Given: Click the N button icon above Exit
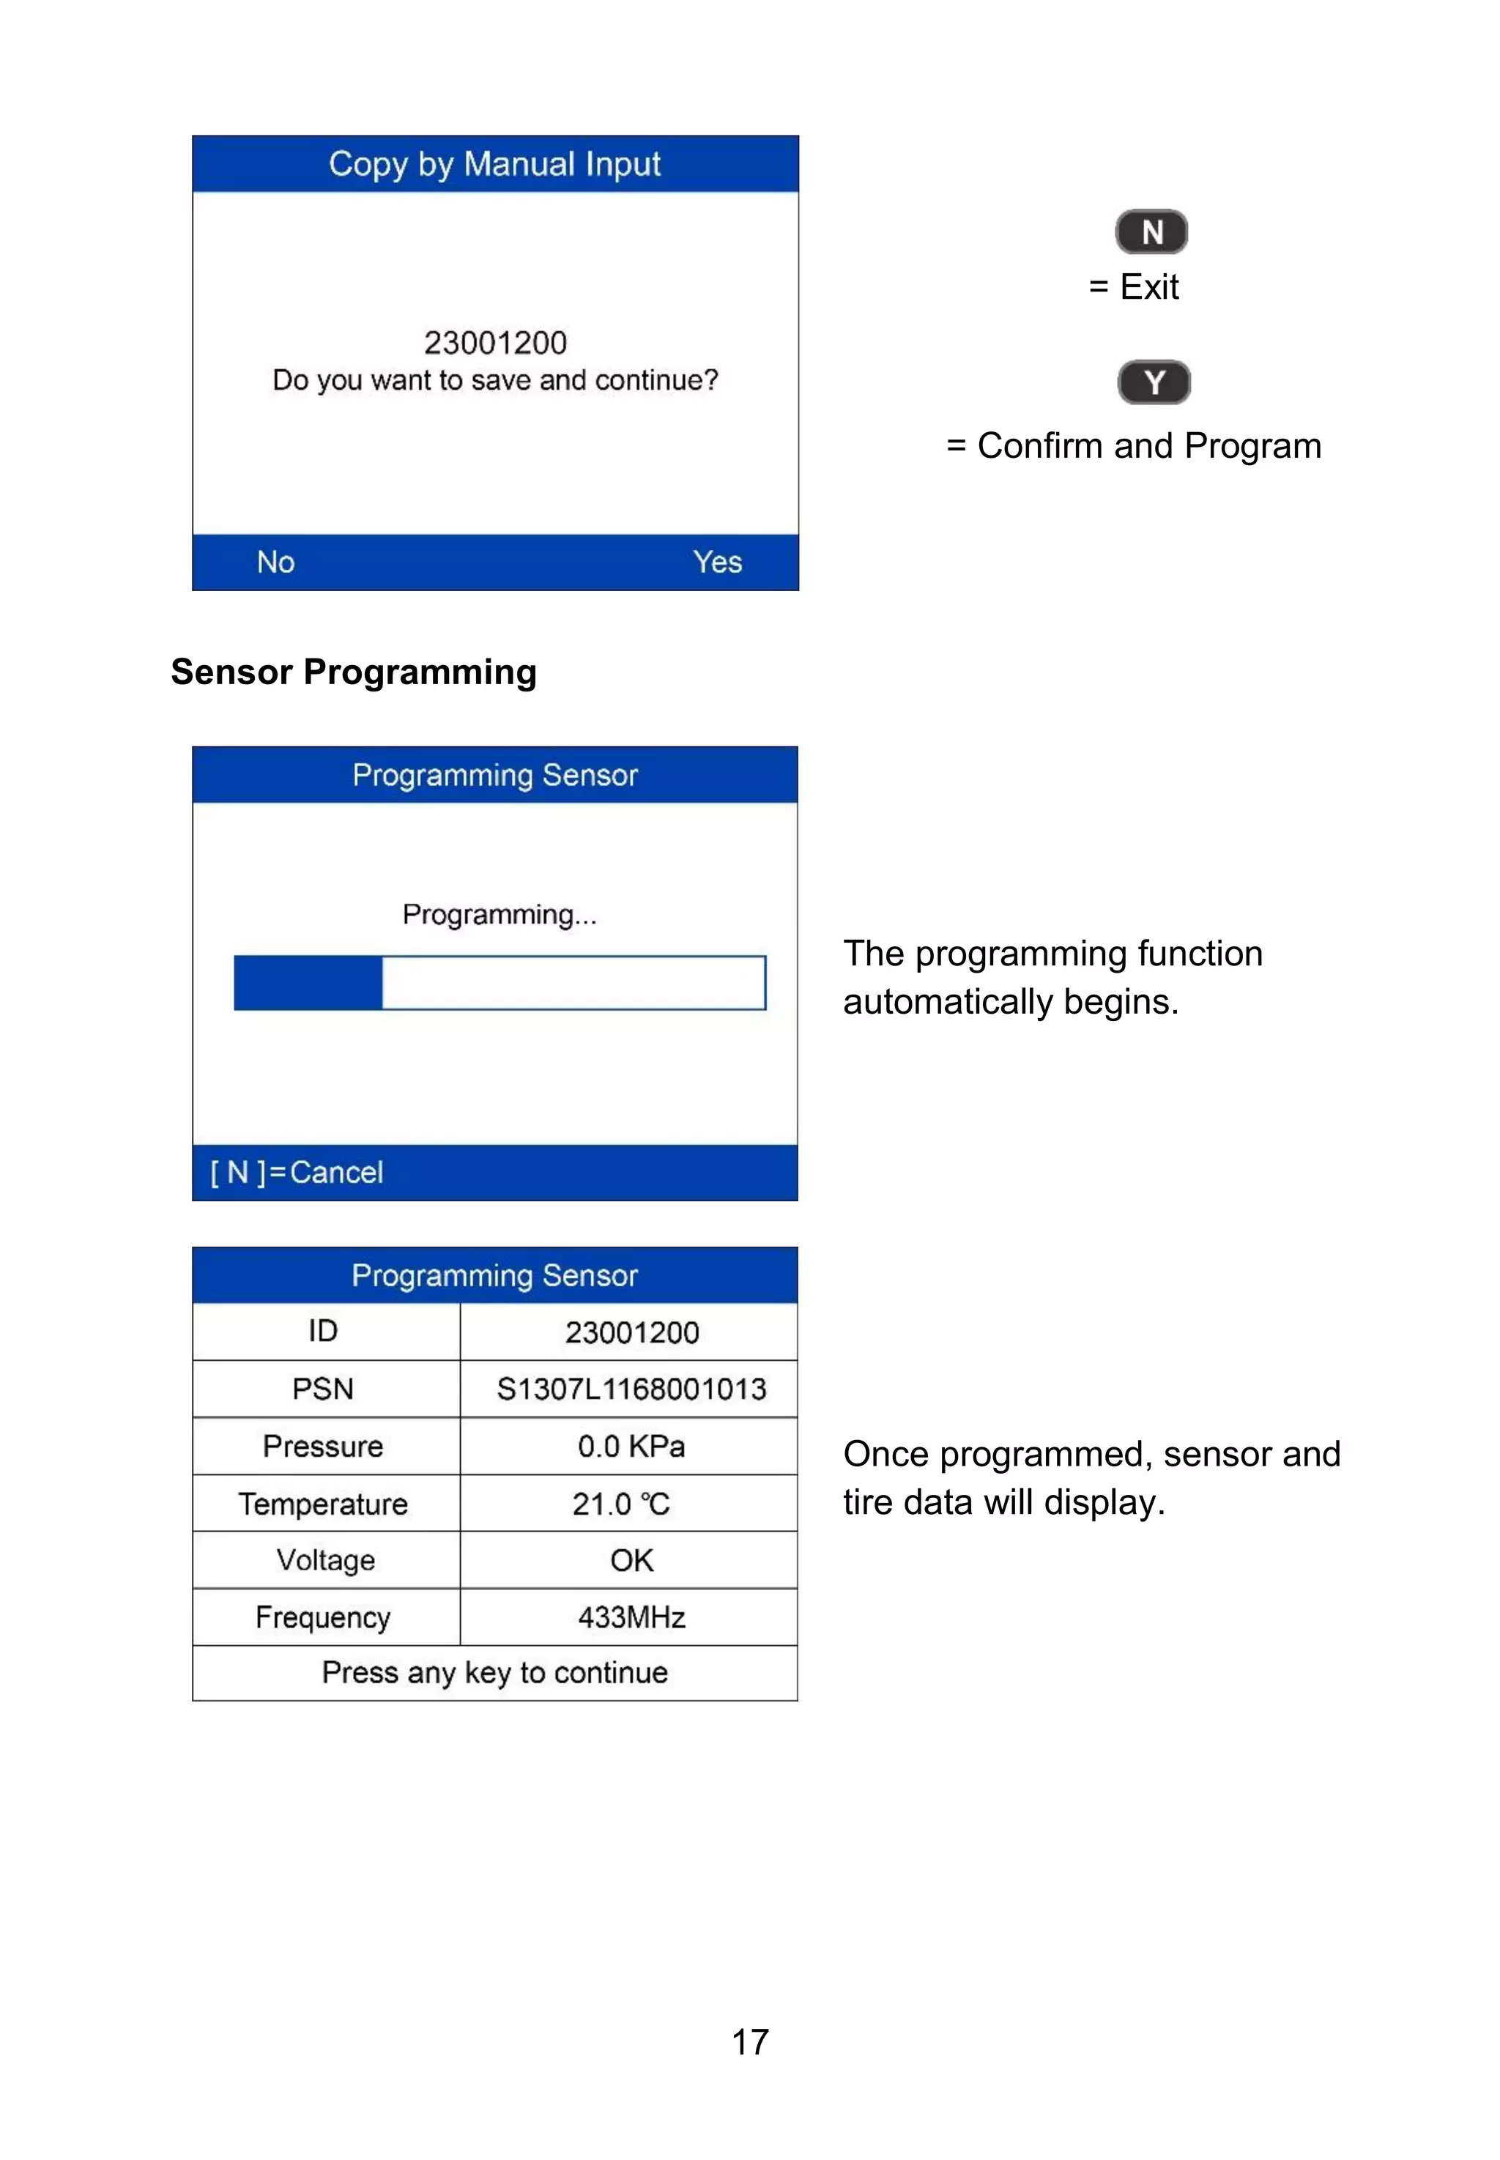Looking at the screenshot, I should coord(1151,232).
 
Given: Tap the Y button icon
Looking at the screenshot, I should coord(1154,382).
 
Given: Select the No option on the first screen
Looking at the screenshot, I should coord(275,562).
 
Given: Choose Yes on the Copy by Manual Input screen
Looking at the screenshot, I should coord(717,562).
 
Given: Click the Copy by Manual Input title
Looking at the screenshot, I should coord(494,165).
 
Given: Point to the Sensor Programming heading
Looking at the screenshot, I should coord(353,672).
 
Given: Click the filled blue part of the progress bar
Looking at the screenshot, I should coord(308,983).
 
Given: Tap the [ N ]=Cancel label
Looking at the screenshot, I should coord(297,1172).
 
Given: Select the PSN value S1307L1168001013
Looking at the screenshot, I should coord(631,1389).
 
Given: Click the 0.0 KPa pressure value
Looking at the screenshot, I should coord(631,1446).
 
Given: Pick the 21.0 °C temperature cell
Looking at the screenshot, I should coord(621,1504).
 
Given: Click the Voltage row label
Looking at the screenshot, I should coord(325,1560).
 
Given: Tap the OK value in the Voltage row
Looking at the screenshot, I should coord(631,1560).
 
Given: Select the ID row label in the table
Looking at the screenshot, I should coord(322,1331).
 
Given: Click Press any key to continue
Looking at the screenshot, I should coord(494,1673).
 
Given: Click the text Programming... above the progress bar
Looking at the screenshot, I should coord(499,915).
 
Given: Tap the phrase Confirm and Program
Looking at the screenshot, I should coord(1148,445).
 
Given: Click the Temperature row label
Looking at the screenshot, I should coord(322,1504).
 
